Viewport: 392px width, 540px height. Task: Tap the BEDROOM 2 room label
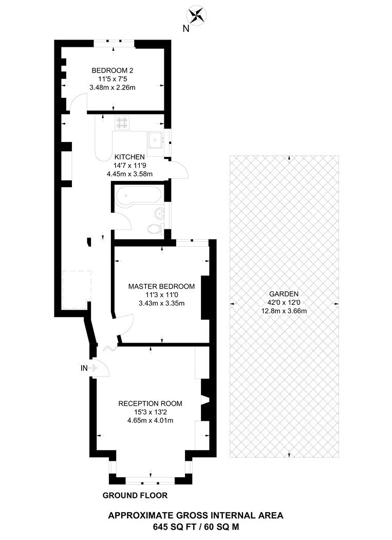[112, 70]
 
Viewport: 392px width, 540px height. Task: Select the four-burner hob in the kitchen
[123, 122]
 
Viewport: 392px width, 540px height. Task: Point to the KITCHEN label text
[129, 157]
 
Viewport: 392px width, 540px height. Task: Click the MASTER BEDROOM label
[161, 286]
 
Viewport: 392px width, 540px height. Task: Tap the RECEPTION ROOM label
[150, 404]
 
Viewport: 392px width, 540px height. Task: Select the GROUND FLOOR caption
[135, 495]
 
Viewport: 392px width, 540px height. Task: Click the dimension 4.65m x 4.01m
[150, 421]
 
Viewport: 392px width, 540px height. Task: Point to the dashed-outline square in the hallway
[77, 290]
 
